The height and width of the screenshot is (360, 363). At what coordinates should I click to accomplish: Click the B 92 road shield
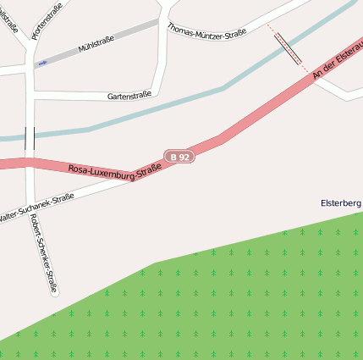point(179,157)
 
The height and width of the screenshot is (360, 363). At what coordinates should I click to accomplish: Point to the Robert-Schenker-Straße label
point(43,252)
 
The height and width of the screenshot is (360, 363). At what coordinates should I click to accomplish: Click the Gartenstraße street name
point(129,96)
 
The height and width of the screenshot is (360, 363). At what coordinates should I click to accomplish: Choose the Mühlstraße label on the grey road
point(96,44)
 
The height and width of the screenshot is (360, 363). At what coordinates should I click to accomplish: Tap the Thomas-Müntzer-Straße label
point(207,30)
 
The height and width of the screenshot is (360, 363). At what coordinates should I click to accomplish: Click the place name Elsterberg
point(340,203)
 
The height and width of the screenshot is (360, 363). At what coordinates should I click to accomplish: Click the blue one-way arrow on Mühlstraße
point(42,63)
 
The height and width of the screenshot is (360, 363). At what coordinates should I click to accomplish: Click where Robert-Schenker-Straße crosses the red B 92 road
point(30,163)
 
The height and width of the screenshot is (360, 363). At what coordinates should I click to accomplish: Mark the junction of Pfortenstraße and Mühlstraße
point(31,69)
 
